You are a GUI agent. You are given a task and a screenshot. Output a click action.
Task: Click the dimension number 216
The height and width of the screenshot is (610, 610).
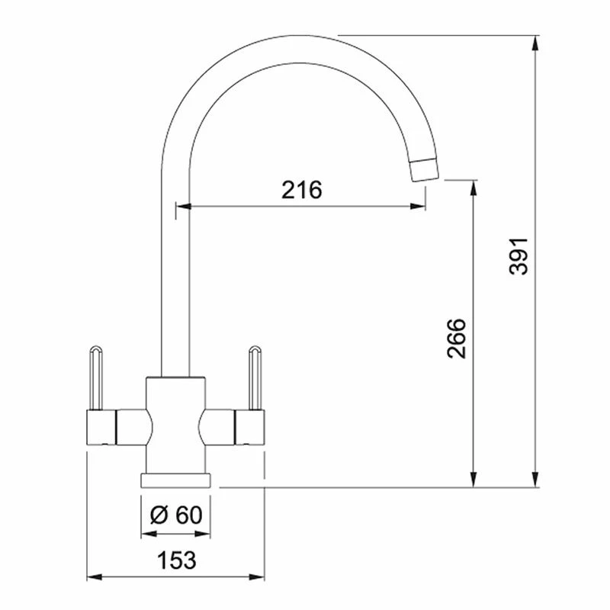point(302,190)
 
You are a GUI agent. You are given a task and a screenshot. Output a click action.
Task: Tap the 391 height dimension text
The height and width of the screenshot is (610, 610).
point(518,256)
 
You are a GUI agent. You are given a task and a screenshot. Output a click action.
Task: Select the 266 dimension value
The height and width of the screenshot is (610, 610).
point(456,339)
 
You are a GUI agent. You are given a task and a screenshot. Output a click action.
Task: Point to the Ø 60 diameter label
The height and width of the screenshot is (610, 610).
point(176,515)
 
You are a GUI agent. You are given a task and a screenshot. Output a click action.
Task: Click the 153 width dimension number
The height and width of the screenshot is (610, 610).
point(176,560)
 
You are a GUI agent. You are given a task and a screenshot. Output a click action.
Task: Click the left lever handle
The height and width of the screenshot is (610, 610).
point(96,377)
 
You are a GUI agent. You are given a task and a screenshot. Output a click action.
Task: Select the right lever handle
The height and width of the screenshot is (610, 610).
point(255,377)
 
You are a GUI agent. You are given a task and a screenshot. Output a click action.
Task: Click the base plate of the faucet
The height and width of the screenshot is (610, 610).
point(175,480)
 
